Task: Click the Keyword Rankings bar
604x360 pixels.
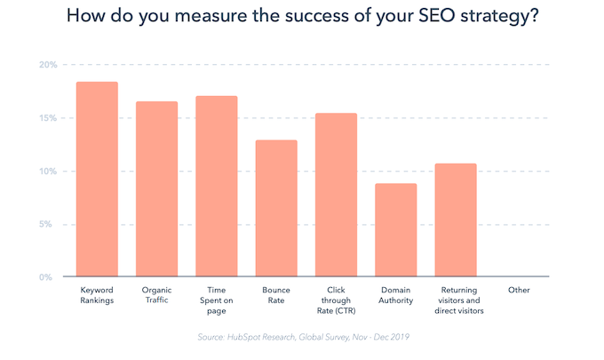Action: click(x=97, y=180)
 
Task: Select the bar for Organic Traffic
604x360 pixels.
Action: click(x=156, y=189)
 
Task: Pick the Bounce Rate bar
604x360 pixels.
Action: click(x=276, y=209)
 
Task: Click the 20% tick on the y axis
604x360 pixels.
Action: click(x=48, y=65)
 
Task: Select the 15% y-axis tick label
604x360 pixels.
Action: click(x=48, y=118)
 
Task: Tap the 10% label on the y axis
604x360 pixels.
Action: click(x=48, y=171)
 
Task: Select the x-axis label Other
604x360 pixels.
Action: click(x=519, y=291)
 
